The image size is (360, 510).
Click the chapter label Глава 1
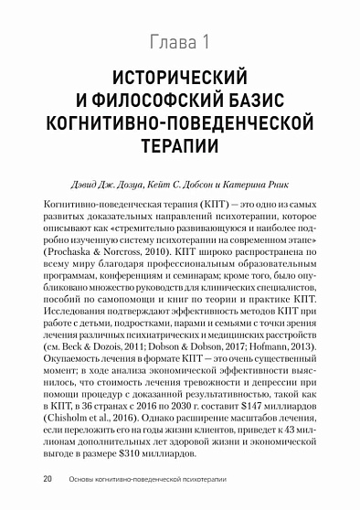coord(179,41)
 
